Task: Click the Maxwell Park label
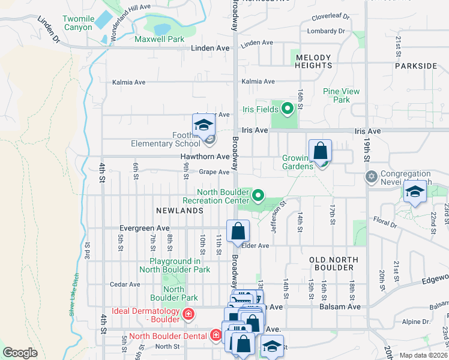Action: point(159,39)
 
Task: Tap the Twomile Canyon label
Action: point(79,23)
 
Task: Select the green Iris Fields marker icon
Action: point(287,109)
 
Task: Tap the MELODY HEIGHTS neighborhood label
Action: point(313,62)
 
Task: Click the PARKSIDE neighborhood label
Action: point(416,66)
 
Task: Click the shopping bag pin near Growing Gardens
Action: point(321,151)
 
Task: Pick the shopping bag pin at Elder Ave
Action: point(238,231)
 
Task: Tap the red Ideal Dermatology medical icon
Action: point(188,313)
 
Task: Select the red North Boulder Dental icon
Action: point(215,335)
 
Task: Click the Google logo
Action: point(20,353)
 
